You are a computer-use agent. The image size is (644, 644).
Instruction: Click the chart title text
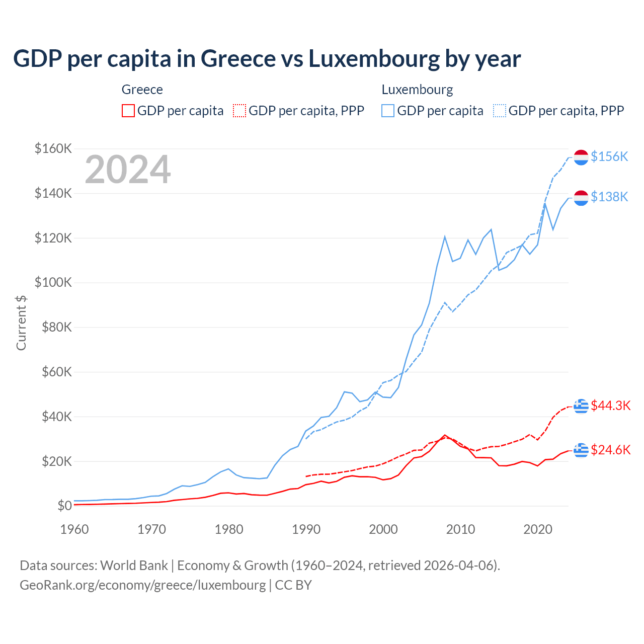tap(267, 59)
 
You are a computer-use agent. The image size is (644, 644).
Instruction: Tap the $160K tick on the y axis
tap(53, 148)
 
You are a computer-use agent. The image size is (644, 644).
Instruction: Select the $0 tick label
tap(64, 506)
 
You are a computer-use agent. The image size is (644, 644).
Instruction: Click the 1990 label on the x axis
tap(306, 529)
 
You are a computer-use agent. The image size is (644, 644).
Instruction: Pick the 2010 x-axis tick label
tap(460, 529)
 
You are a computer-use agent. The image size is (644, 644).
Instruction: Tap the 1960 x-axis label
tap(74, 529)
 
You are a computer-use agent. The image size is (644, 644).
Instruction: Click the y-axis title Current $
tap(21, 323)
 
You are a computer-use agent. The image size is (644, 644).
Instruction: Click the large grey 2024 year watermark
tap(128, 170)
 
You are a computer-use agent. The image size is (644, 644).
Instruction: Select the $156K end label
tap(609, 156)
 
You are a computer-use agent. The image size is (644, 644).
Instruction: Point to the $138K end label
tap(609, 197)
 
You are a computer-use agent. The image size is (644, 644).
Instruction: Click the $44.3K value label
tap(610, 406)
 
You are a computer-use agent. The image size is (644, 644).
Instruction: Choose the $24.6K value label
tap(610, 450)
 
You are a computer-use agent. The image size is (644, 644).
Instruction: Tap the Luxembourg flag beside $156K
tap(581, 157)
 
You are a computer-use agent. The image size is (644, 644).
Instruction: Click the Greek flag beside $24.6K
tap(581, 450)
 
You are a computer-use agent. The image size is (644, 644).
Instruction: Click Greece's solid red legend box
tap(128, 111)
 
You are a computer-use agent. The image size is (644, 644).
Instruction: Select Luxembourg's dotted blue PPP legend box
tap(500, 111)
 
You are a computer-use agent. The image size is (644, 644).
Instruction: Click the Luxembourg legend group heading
tap(417, 90)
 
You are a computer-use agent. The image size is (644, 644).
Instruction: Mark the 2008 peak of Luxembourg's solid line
tap(445, 236)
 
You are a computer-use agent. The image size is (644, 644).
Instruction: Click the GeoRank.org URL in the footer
tap(142, 585)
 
